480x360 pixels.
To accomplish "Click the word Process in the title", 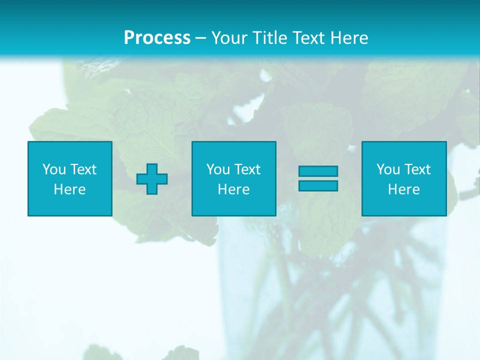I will tap(157, 38).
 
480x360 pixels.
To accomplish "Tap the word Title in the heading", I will tap(269, 38).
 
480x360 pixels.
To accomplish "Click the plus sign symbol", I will tap(152, 179).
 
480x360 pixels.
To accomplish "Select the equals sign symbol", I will tap(318, 178).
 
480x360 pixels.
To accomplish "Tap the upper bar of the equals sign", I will tap(318, 171).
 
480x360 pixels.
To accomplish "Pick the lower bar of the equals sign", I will tap(318, 185).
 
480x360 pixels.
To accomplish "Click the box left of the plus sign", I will tap(70, 178).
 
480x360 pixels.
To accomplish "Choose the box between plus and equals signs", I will tap(234, 178).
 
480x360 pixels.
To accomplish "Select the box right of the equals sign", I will tap(404, 178).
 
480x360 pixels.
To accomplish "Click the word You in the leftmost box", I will tap(54, 169).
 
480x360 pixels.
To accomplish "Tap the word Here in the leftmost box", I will tap(69, 189).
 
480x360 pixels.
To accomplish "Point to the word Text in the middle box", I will tap(247, 169).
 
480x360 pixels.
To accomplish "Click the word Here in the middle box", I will tap(233, 189).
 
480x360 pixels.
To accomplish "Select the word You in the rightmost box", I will tap(388, 169).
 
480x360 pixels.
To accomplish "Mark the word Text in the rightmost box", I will tap(417, 169).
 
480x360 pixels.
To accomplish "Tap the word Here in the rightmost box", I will tap(403, 189).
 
